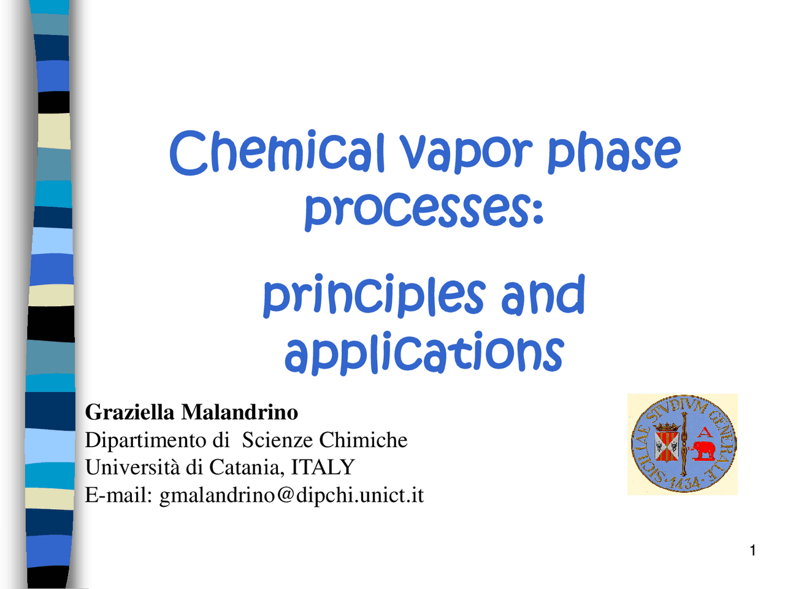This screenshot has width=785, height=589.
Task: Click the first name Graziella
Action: [129, 412]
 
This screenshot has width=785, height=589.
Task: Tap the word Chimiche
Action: [363, 440]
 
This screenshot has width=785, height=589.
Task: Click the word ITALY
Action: [323, 468]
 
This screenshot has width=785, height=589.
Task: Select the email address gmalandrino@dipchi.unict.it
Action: [291, 495]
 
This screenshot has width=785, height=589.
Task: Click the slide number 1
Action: [752, 550]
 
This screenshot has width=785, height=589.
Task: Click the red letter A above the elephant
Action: [705, 433]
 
